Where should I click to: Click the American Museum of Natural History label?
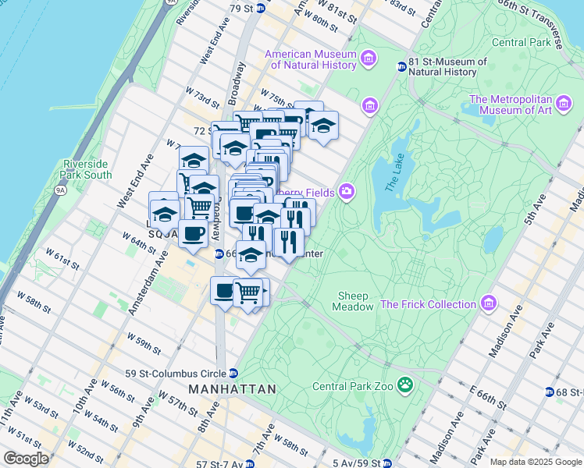310,60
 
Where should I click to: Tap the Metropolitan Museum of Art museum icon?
561,105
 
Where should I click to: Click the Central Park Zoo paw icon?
405,385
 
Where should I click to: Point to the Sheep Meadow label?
355,301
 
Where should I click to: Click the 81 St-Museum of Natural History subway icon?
402,67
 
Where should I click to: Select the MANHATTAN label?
232,388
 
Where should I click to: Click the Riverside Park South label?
87,169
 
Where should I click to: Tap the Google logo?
26,458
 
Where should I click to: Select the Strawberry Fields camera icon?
346,192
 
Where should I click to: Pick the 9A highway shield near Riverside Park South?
60,188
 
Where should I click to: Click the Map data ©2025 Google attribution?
535,462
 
